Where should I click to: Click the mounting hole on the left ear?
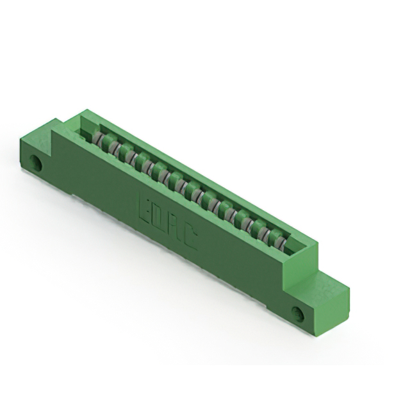pyautogui.click(x=37, y=163)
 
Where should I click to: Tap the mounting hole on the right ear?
pyautogui.click(x=299, y=314)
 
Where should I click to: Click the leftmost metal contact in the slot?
pyautogui.click(x=98, y=139)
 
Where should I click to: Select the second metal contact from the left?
pyautogui.click(x=113, y=148)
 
